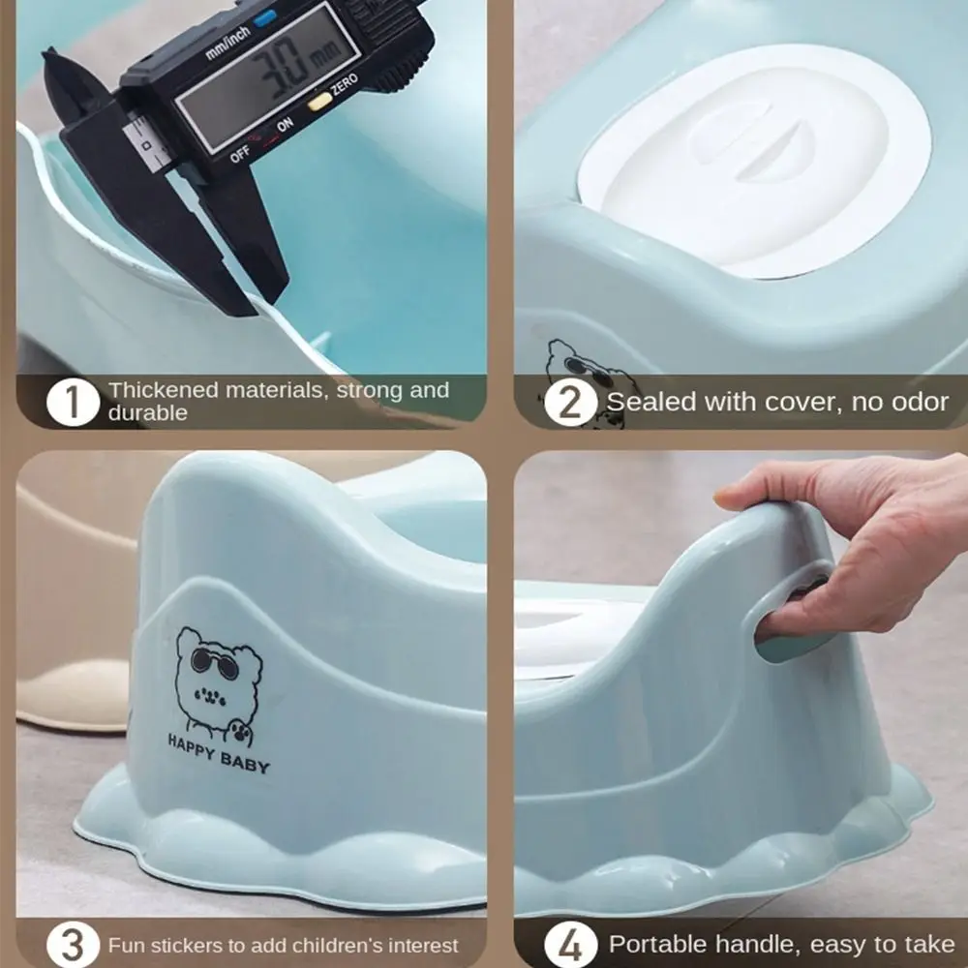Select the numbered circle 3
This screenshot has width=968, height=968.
coord(73,945)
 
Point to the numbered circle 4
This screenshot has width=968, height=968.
coord(570,945)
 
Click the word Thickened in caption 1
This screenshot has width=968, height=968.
coord(162,391)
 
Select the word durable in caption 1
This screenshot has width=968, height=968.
coord(147,413)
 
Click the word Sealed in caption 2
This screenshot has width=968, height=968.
coord(647,402)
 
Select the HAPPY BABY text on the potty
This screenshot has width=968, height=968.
coord(219,754)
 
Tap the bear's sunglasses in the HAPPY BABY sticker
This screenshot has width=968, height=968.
coord(215,660)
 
